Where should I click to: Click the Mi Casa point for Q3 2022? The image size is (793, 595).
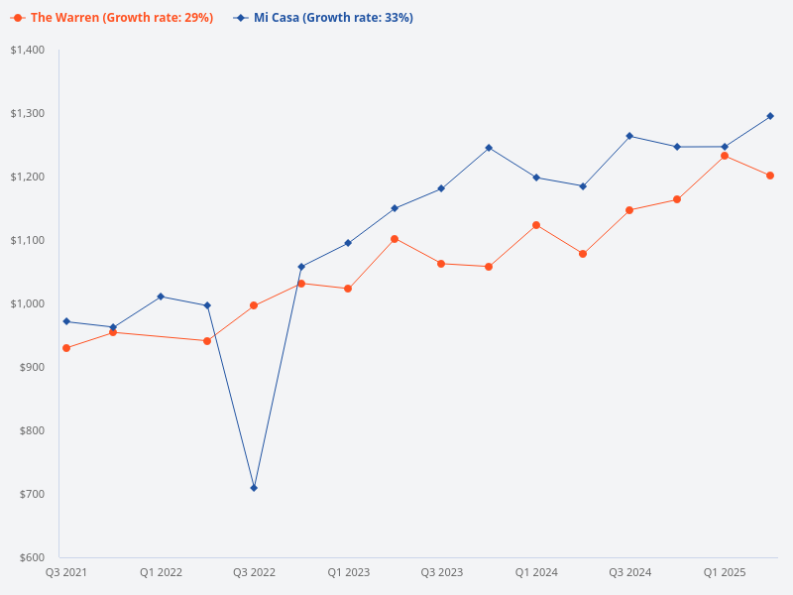click(x=254, y=488)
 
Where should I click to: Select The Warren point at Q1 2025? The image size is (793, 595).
click(x=725, y=156)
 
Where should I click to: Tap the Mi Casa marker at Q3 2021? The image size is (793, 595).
click(x=66, y=321)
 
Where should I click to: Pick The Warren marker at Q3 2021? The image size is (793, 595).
click(x=66, y=348)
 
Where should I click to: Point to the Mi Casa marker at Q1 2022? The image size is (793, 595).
click(x=161, y=297)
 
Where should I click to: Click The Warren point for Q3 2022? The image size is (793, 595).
click(x=254, y=305)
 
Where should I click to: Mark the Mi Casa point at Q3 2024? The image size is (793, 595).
click(x=630, y=136)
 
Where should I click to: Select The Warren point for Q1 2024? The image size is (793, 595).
click(x=536, y=225)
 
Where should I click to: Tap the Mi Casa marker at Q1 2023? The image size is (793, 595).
click(x=348, y=243)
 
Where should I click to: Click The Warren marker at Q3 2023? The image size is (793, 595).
click(x=441, y=264)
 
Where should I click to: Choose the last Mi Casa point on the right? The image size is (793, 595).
click(x=771, y=116)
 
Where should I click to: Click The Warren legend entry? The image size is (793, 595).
click(x=114, y=18)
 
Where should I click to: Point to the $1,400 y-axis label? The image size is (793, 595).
click(x=28, y=50)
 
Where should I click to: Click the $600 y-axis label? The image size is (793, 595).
click(x=33, y=557)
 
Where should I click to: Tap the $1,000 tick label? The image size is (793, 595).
click(x=28, y=303)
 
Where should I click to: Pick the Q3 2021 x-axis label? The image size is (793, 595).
click(x=66, y=573)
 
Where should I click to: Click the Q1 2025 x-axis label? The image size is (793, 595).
click(x=725, y=573)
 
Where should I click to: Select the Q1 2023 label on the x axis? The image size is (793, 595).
click(x=348, y=573)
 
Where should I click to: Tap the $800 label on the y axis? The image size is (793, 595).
click(x=33, y=430)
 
